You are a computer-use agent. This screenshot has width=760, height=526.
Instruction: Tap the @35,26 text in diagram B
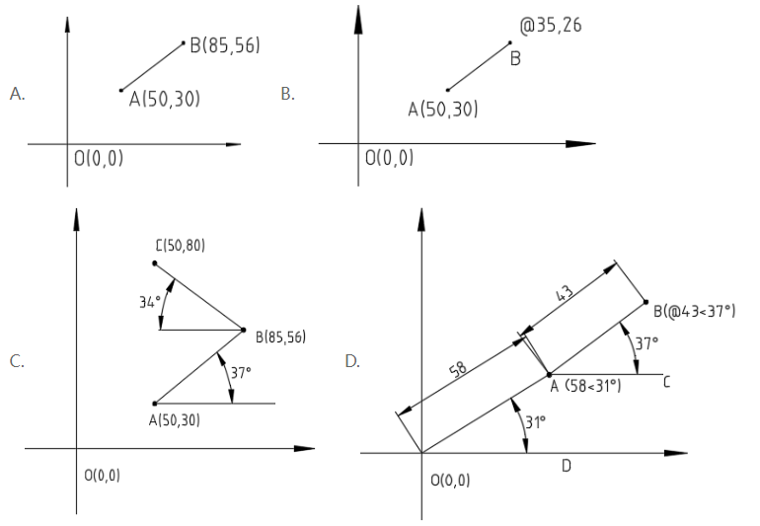tap(551, 26)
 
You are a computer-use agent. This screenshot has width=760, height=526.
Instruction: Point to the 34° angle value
tap(149, 303)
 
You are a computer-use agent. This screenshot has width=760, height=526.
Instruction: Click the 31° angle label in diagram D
tap(536, 422)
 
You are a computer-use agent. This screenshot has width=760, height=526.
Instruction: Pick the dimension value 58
tap(459, 369)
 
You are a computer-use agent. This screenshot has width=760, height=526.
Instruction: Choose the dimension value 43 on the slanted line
tap(564, 293)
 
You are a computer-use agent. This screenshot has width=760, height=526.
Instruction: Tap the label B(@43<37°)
tap(694, 311)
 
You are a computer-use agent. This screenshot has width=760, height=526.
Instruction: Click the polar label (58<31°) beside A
tap(593, 386)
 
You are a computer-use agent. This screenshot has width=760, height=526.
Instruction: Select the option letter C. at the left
tap(17, 361)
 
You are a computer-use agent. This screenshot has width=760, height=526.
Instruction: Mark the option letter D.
tap(352, 361)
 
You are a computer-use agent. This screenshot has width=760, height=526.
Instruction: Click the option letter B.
tap(288, 94)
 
